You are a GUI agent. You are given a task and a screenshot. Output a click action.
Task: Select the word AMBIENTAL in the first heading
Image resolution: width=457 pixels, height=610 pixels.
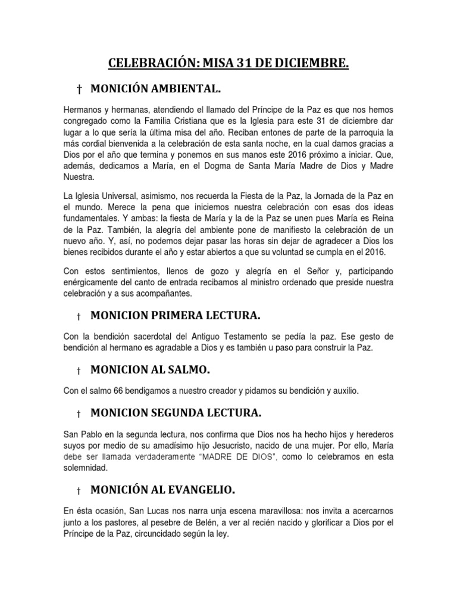[x=185, y=89]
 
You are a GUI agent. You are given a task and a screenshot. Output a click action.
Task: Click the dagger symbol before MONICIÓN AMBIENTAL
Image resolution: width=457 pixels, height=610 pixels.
[x=78, y=90]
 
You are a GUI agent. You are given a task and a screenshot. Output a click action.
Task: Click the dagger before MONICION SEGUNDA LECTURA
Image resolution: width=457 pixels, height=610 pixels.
[x=78, y=413]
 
